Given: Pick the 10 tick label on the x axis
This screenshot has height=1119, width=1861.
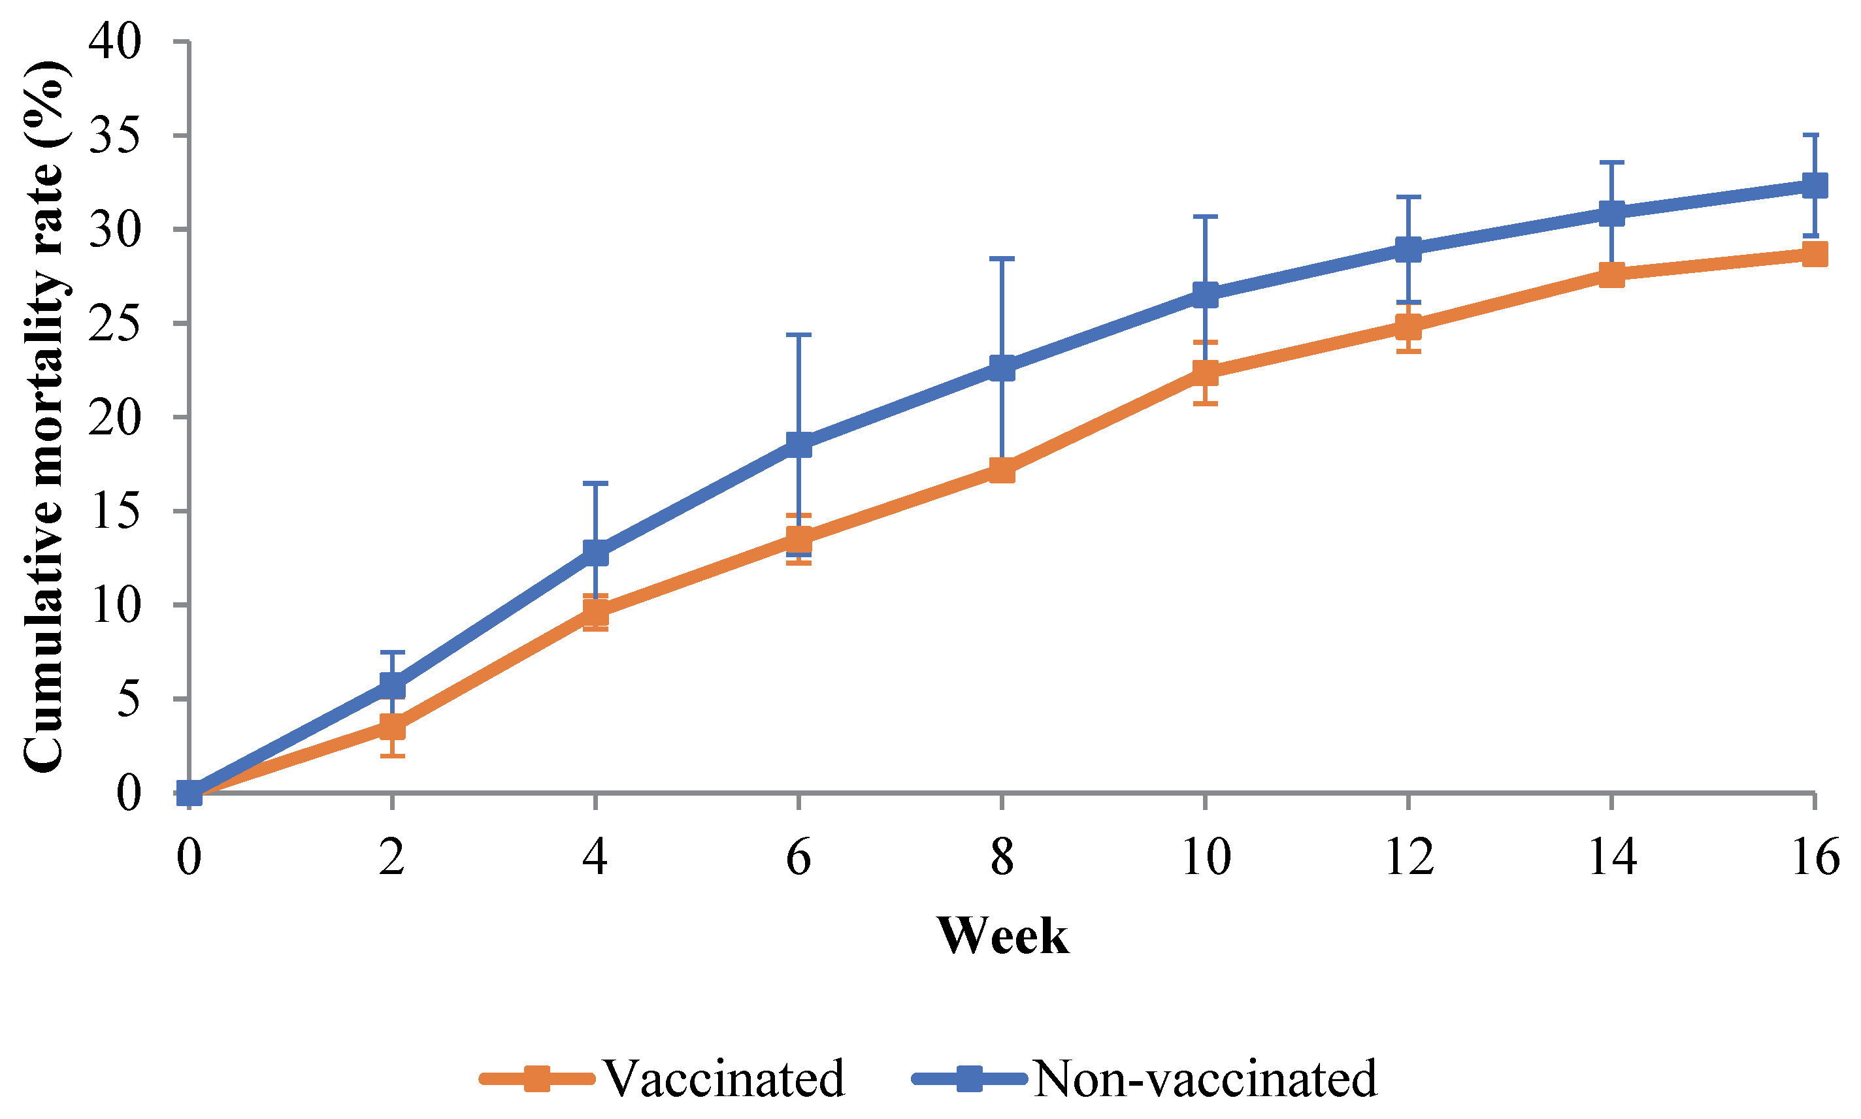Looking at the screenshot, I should click(x=1205, y=856).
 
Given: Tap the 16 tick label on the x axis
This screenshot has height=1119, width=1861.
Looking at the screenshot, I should click(x=1814, y=856).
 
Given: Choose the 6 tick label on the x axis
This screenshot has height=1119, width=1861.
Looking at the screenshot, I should click(x=798, y=856).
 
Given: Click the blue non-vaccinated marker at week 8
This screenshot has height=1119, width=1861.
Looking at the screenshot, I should click(x=1001, y=368).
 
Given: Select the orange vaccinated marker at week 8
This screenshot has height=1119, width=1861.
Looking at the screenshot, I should click(x=1001, y=470).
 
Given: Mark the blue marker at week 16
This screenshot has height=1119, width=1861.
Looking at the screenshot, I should click(x=1814, y=185).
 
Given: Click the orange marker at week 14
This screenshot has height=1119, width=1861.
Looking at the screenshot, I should click(x=1611, y=274).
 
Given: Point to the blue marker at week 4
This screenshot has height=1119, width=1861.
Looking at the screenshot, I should click(x=596, y=552).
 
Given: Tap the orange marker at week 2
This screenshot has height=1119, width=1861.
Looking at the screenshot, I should click(x=392, y=727).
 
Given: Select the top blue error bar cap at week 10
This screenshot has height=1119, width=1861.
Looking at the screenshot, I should click(x=1205, y=216).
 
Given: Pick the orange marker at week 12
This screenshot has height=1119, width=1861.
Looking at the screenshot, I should click(x=1408, y=327).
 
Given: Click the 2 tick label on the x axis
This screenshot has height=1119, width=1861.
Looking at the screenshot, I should click(x=392, y=856).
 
